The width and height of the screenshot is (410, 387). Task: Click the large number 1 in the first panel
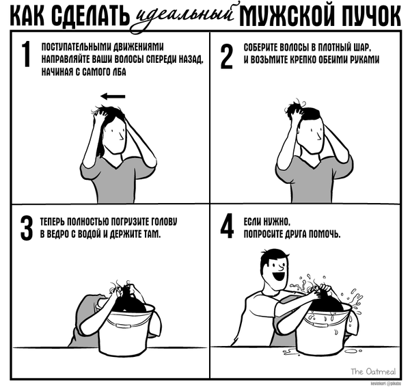tap(26, 54)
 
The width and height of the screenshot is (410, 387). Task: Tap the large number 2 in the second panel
tap(226, 56)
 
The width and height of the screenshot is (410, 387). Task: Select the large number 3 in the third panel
tap(27, 228)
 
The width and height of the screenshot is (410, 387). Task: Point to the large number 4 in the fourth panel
tap(227, 226)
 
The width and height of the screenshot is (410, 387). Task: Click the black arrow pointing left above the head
tap(113, 96)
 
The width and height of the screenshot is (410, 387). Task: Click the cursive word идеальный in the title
tap(184, 16)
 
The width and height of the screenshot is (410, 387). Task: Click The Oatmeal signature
tap(373, 371)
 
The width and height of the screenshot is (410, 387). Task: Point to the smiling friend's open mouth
tap(277, 276)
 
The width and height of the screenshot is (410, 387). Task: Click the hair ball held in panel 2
tap(294, 107)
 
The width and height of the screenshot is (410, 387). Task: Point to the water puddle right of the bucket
tap(350, 351)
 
